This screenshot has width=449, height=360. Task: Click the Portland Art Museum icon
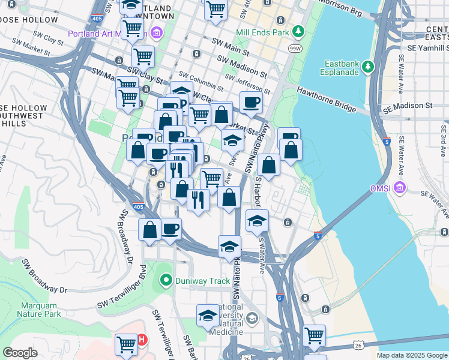click(x=157, y=32)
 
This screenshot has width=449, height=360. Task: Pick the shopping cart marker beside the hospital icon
click(x=126, y=344)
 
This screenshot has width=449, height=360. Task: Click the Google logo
click(x=20, y=353)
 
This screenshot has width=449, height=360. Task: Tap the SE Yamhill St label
click(x=427, y=48)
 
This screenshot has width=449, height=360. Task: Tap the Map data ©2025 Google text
click(x=412, y=355)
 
